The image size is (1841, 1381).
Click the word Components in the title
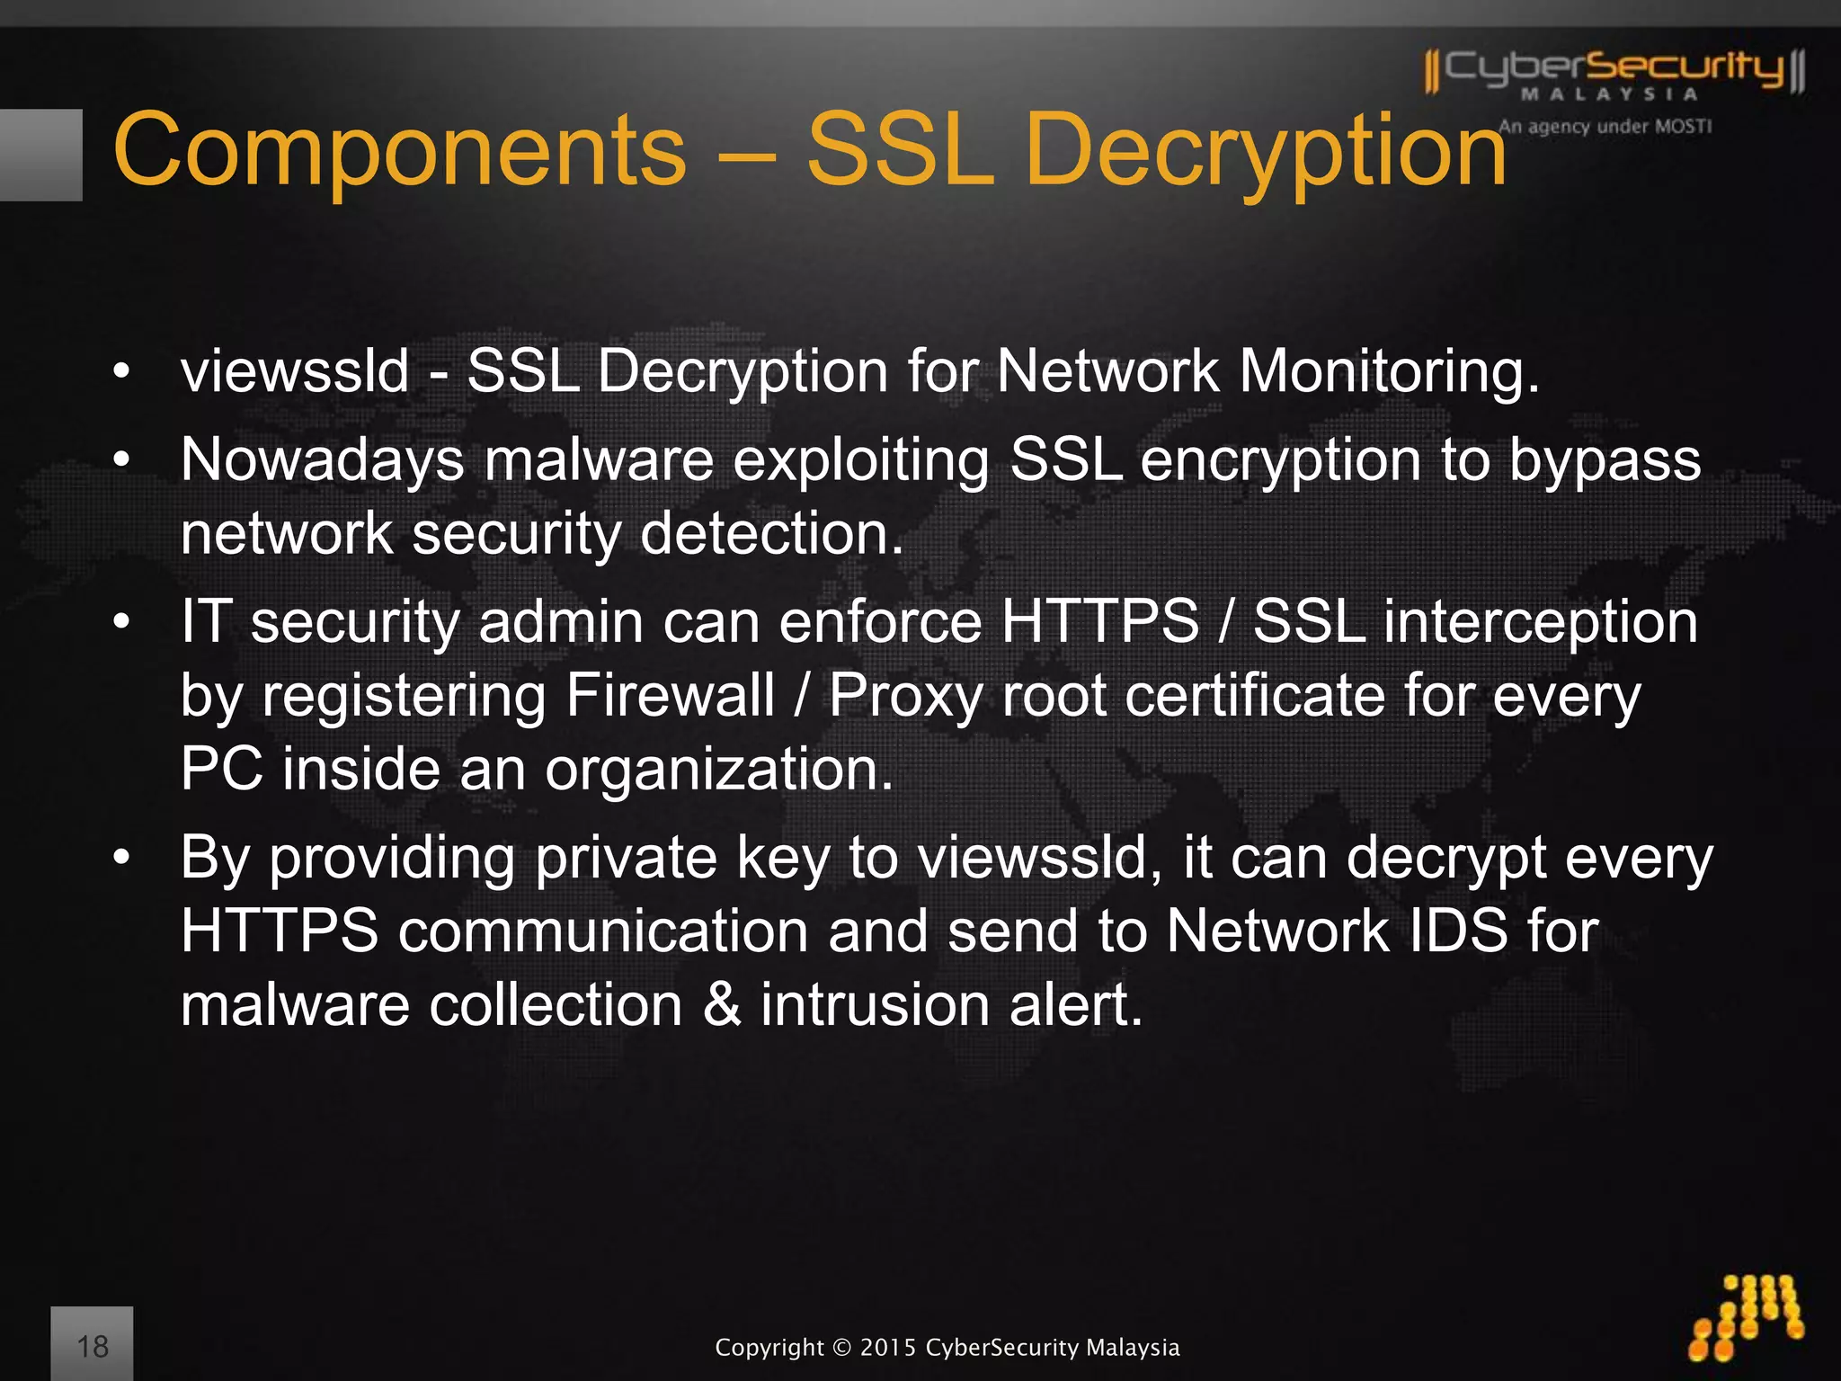tap(400, 151)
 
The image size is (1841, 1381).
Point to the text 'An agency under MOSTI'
tap(1605, 127)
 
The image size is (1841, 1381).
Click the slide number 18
tap(93, 1346)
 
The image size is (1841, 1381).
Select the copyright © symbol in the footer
tap(840, 1348)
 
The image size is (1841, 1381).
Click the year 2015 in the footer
tap(888, 1348)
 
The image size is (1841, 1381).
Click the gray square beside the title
tap(41, 155)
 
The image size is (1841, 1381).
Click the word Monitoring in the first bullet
tap(1389, 370)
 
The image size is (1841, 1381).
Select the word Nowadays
tap(323, 459)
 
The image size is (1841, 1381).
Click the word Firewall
tap(670, 695)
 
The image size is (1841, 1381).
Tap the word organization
tap(719, 770)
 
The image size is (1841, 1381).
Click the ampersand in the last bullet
tap(722, 1004)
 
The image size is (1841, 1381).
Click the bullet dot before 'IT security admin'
tap(121, 621)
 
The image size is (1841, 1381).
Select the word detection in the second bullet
tap(771, 533)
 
